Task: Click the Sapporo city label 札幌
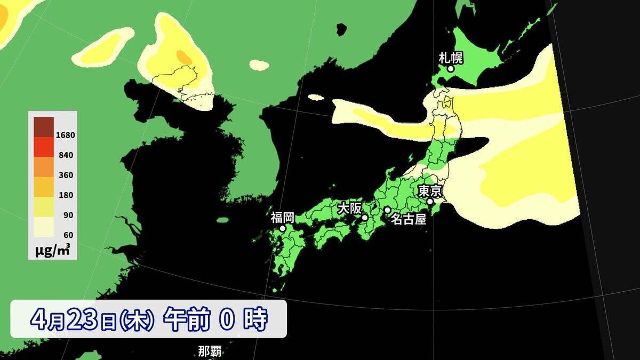pos(450,57)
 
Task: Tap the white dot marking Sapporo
pos(451,69)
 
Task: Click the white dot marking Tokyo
pos(430,202)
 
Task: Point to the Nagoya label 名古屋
pos(409,219)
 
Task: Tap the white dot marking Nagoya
pos(387,210)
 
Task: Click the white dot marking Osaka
pos(365,218)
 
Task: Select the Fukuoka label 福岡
pos(282,217)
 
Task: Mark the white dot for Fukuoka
pos(283,228)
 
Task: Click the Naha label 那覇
pos(210,352)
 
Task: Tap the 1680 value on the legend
pos(66,135)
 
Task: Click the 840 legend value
pos(66,155)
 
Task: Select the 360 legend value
pos(66,175)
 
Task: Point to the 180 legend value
pos(66,195)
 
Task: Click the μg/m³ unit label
pos(52,250)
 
